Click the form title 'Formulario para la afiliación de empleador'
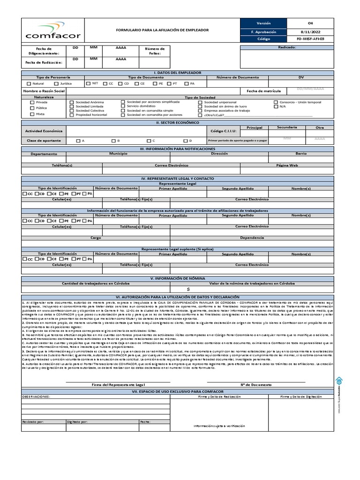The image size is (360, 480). [x=162, y=30]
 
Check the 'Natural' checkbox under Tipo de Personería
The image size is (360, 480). [x=29, y=83]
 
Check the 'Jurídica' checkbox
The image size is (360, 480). [x=56, y=83]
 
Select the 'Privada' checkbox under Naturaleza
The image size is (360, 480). [x=32, y=102]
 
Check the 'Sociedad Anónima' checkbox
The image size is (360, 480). [x=72, y=102]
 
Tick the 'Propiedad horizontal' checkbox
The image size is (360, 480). [x=72, y=115]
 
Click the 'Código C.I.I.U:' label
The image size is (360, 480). [x=224, y=131]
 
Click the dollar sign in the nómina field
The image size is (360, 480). [x=187, y=289]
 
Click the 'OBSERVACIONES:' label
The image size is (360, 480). [x=37, y=397]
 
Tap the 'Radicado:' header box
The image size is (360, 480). [x=287, y=47]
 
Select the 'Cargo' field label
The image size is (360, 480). [x=96, y=238]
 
